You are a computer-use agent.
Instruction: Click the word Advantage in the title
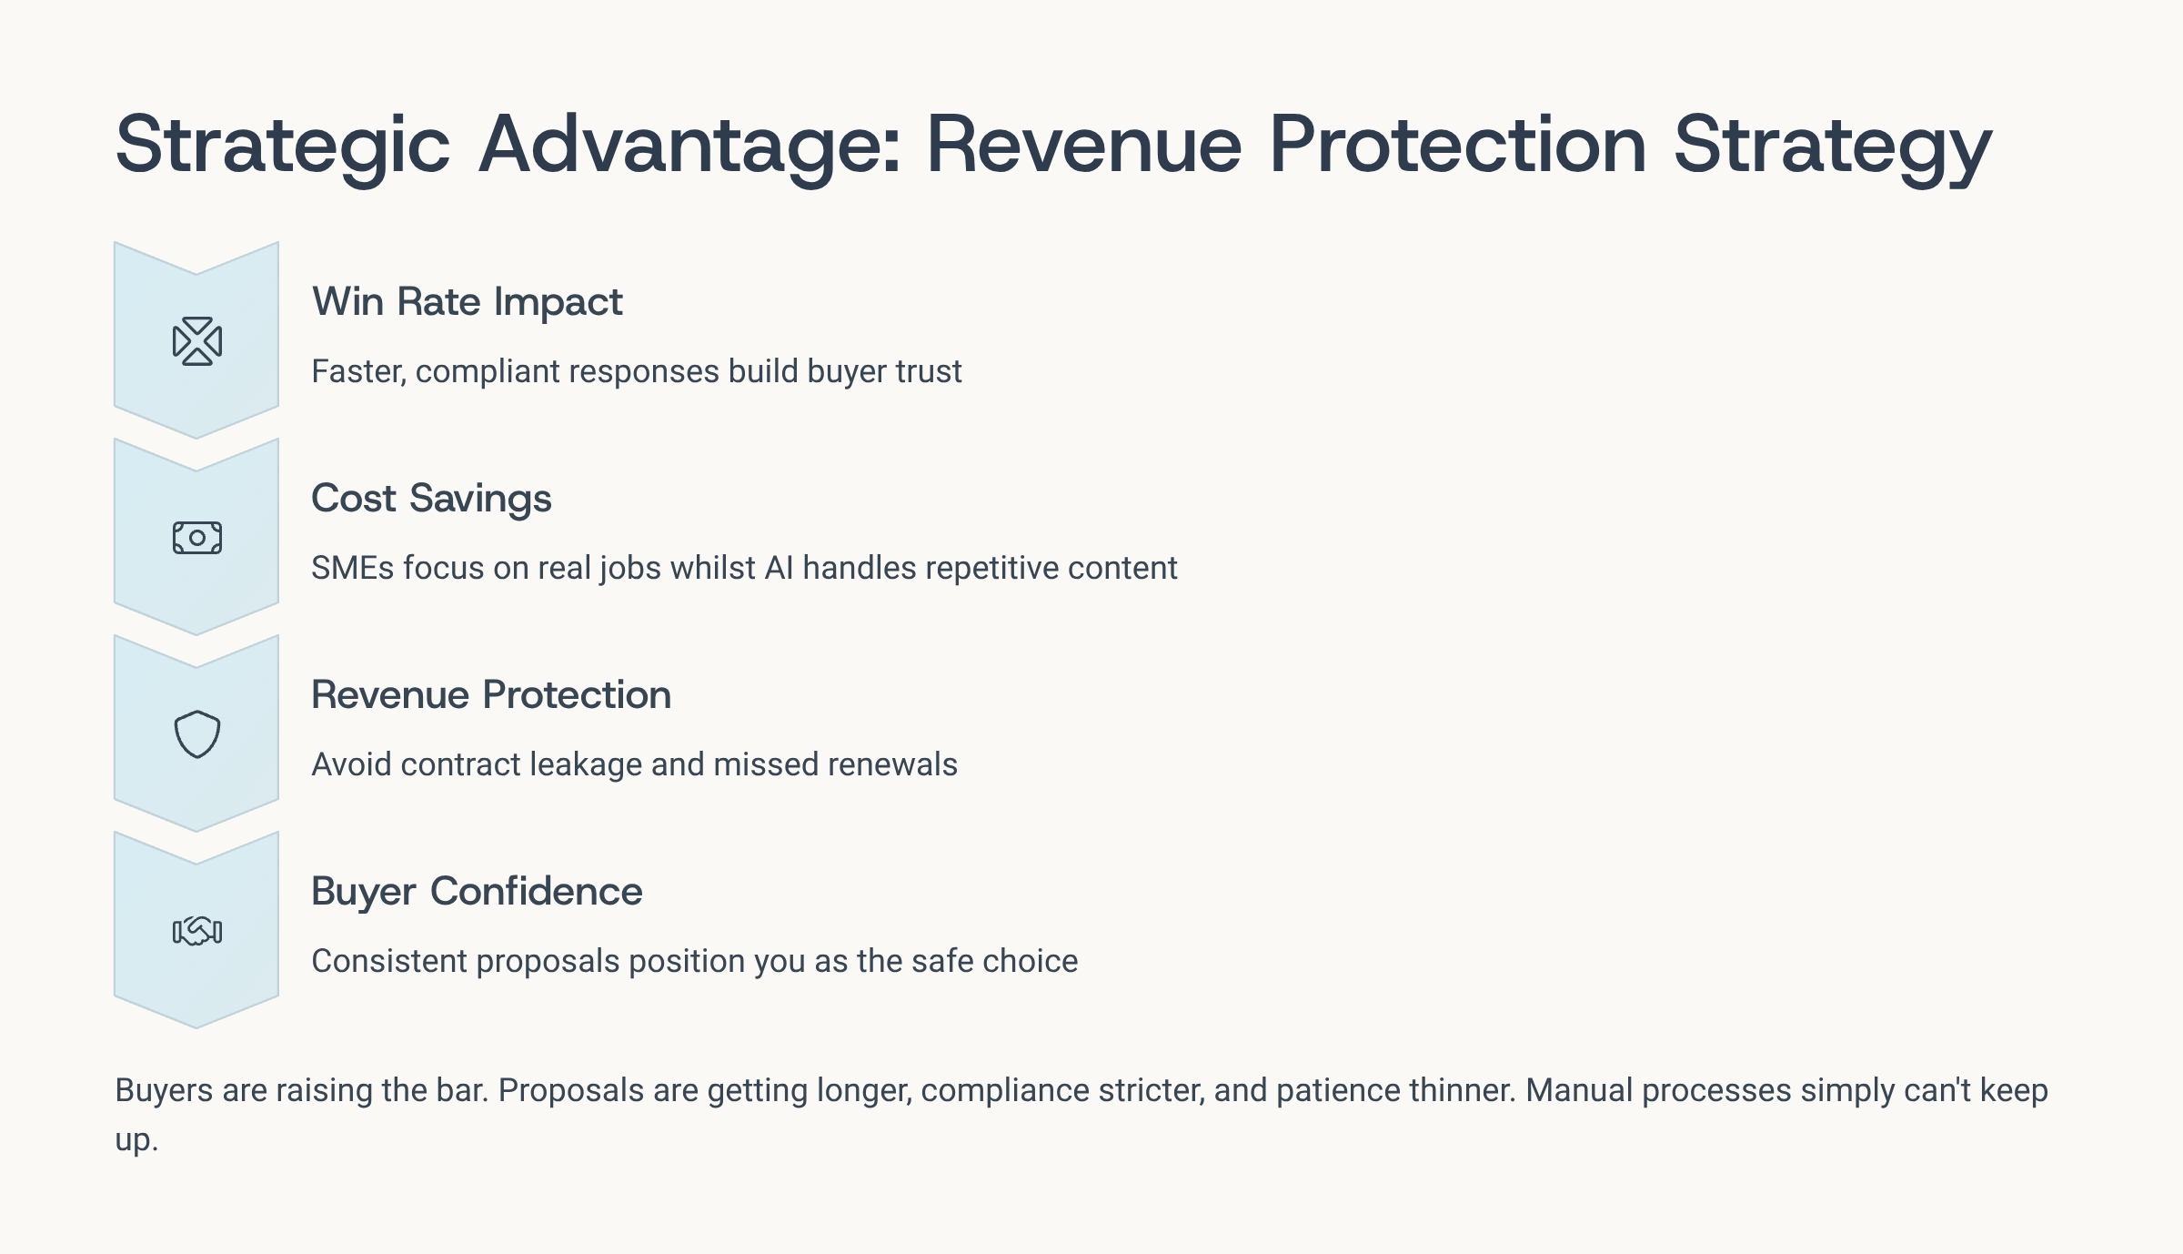pos(690,146)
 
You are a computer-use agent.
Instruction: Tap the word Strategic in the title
pos(283,146)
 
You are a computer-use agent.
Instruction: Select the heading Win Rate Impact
pos(467,302)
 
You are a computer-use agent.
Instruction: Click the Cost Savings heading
pos(431,499)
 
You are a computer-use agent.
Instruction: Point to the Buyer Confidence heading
pos(477,892)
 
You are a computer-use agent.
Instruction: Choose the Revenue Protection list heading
pos(491,695)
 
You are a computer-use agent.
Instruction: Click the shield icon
pos(197,734)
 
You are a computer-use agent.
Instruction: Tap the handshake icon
pos(197,931)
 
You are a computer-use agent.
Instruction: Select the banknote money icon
pos(197,538)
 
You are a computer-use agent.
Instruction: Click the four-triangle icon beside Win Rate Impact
pos(197,341)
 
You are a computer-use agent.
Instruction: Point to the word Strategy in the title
pos(1833,146)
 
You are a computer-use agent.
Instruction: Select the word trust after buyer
pos(929,371)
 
